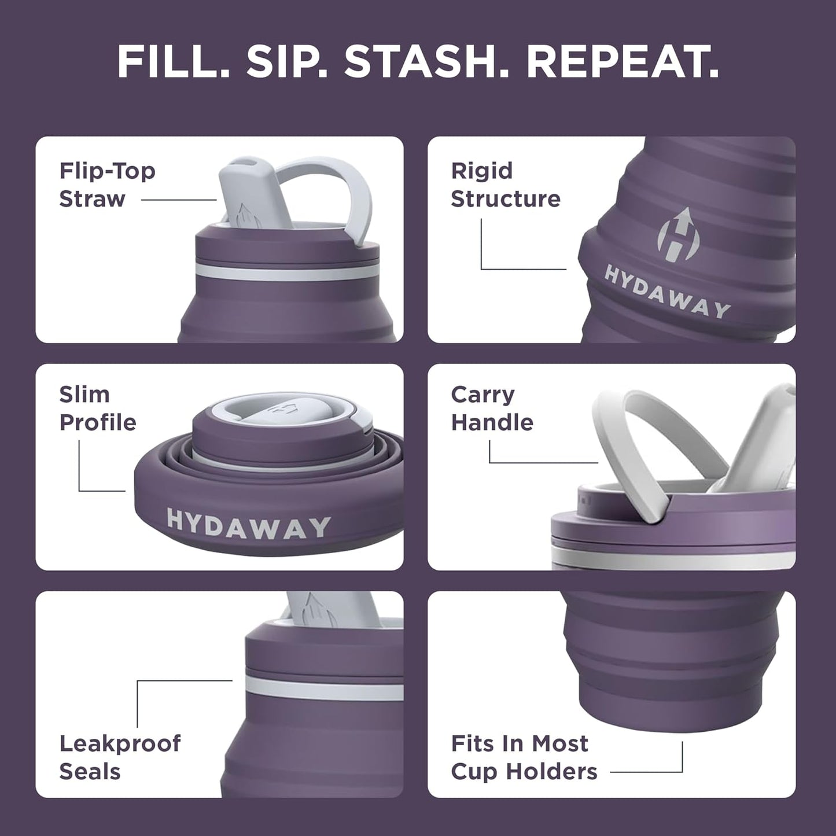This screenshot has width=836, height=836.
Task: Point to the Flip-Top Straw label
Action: [x=107, y=185]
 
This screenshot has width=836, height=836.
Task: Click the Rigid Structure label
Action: [x=505, y=185]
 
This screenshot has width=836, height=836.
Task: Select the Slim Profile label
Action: [x=97, y=408]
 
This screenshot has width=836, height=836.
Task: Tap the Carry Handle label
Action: [x=492, y=408]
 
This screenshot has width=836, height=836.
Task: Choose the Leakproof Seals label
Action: [x=120, y=757]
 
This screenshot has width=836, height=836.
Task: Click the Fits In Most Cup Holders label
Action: [x=524, y=757]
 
